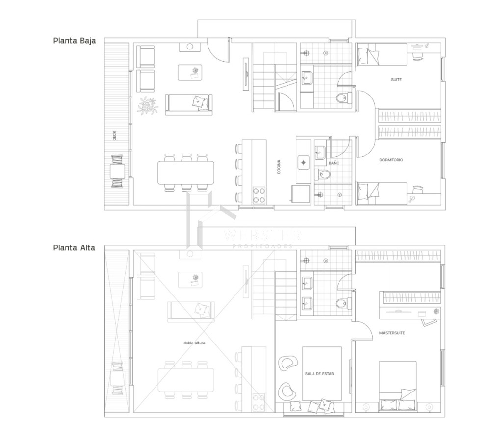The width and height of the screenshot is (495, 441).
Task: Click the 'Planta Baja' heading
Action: pyautogui.click(x=74, y=41)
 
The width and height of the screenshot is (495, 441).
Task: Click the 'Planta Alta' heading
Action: pyautogui.click(x=74, y=247)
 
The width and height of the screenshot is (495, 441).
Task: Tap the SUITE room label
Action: pyautogui.click(x=396, y=80)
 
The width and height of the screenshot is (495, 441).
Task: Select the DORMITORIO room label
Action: pyautogui.click(x=391, y=160)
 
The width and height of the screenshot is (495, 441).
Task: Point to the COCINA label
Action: pyautogui.click(x=279, y=168)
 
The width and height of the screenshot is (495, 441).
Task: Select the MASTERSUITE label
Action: pyautogui.click(x=392, y=333)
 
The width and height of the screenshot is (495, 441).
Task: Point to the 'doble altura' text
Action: pyautogui.click(x=194, y=343)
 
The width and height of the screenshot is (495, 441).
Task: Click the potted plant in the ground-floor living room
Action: pyautogui.click(x=148, y=105)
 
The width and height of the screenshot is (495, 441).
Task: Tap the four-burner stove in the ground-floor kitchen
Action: pyautogui.click(x=259, y=195)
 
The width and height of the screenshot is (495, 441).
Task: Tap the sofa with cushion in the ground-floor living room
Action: pyautogui.click(x=189, y=104)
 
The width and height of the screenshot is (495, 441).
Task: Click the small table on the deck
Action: pyautogui.click(x=117, y=171)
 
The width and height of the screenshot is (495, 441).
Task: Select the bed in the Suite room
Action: pyautogui.click(x=382, y=54)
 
